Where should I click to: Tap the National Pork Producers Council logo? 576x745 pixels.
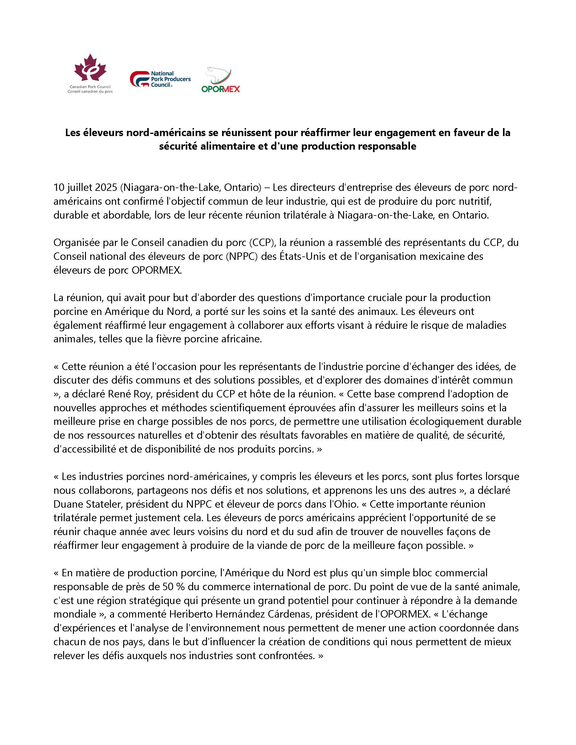(160, 79)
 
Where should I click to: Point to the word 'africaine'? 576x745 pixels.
(237, 339)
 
